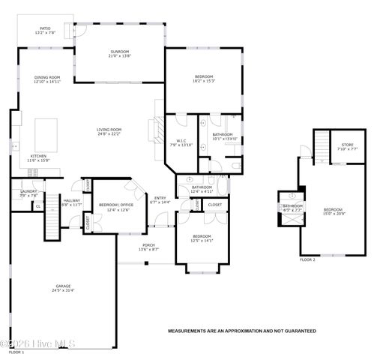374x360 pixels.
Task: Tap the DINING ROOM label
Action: pos(46,77)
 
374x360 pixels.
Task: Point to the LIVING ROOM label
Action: pos(109,130)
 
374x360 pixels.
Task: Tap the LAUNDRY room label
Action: pos(28,191)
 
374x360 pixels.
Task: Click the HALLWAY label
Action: pos(71,200)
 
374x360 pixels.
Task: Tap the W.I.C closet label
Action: pos(181,141)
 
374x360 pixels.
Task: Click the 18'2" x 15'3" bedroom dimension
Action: pos(204,81)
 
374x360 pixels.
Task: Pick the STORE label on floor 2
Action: pos(347,144)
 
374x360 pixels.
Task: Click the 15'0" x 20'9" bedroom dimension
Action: pos(334,214)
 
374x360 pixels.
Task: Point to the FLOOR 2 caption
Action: pos(308,259)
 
